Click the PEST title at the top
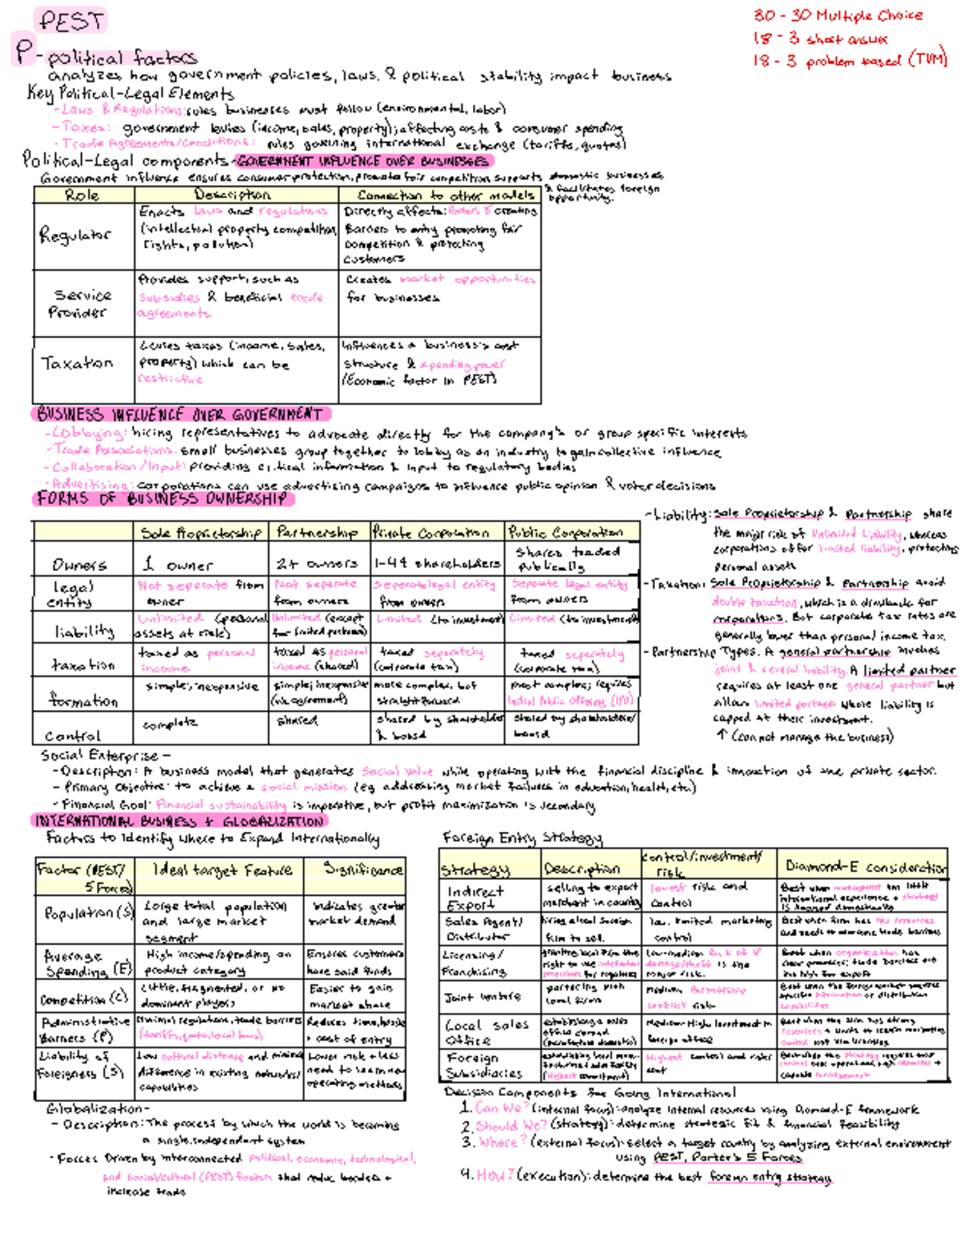pos(71,21)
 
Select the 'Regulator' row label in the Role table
pos(75,236)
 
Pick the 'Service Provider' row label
pos(79,304)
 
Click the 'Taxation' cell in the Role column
pos(77,363)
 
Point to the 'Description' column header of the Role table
pos(233,195)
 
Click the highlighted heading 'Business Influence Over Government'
pos(180,414)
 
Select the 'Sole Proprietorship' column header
pos(200,533)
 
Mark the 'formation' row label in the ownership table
pos(83,700)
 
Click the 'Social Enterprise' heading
pos(100,755)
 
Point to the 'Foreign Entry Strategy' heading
pos(522,838)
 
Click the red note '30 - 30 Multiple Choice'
pos(837,15)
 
